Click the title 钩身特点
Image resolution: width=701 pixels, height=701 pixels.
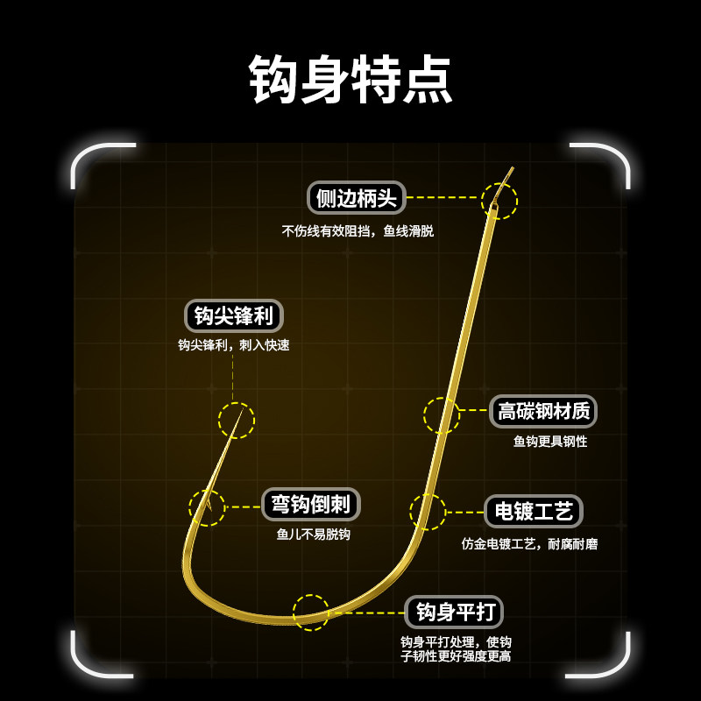coord(350,80)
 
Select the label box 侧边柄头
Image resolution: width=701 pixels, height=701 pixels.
coord(357,197)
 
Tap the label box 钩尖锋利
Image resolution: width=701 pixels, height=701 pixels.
coord(233,315)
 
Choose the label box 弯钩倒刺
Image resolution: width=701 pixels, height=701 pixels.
coord(310,504)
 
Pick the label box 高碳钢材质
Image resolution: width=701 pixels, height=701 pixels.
coord(542,411)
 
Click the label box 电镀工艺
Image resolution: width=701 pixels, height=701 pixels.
coord(533,511)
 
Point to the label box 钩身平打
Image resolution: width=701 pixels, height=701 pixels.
coord(453,612)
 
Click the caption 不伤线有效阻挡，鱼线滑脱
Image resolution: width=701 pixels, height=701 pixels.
coord(358,231)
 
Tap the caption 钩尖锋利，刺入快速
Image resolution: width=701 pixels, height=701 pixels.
coord(233,345)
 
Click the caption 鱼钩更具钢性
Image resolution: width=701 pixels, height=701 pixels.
coord(550,442)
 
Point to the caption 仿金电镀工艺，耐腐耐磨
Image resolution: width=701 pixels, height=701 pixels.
coord(529,544)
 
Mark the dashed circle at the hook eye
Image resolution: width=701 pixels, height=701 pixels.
coord(499,201)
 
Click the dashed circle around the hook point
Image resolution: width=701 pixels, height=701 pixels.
coord(237,421)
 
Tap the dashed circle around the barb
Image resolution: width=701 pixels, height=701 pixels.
coord(207,507)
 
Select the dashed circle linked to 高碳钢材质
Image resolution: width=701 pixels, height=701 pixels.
coord(442,415)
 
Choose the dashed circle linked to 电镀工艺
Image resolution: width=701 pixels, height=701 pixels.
coord(428,512)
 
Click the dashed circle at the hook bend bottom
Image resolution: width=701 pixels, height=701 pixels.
coord(311,612)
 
